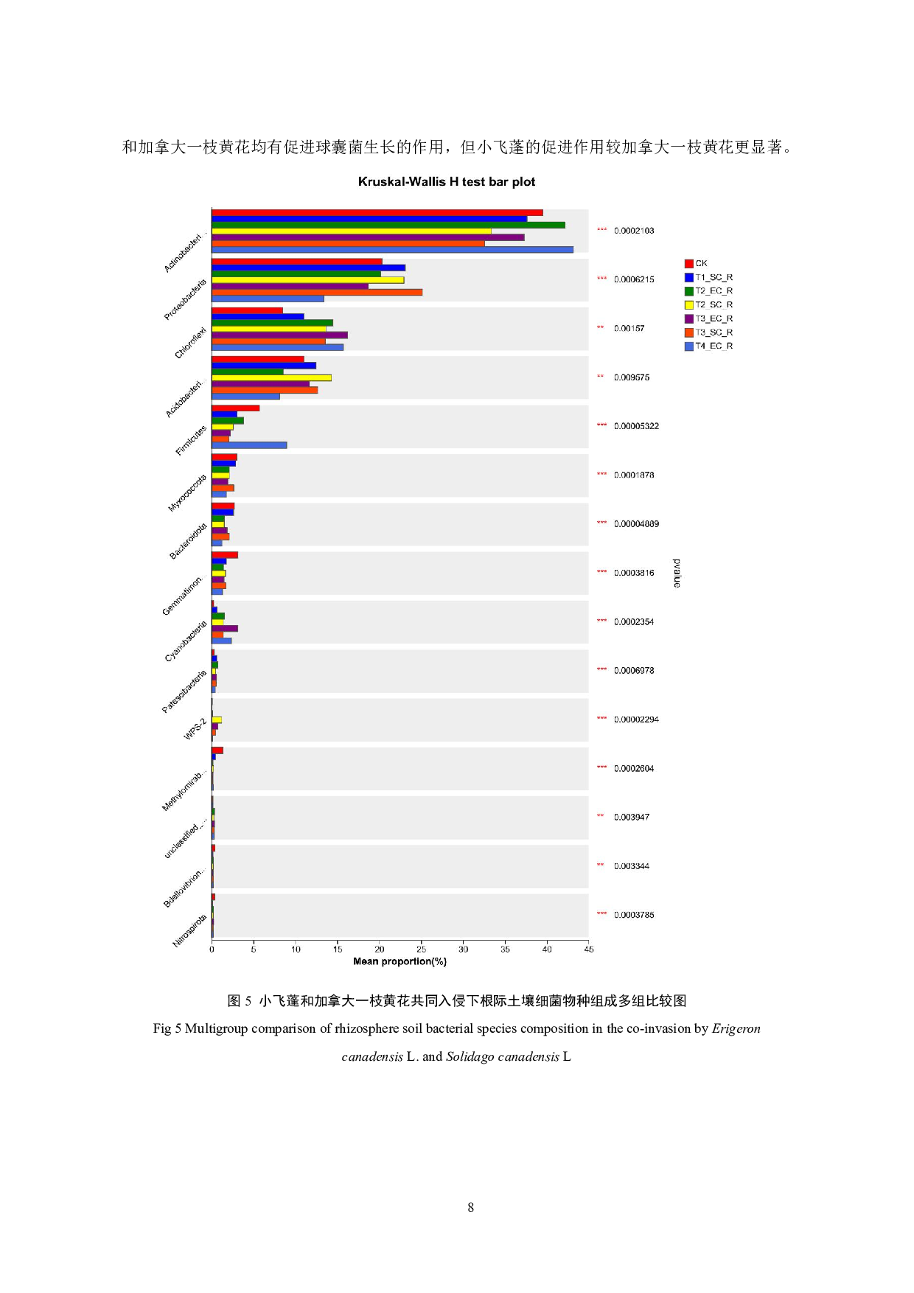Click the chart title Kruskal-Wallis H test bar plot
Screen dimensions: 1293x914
(x=447, y=182)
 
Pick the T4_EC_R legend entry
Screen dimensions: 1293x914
(x=708, y=346)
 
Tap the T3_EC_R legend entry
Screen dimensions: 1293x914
(x=708, y=318)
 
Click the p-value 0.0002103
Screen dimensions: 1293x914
(x=634, y=231)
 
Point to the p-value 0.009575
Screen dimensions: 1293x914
(x=632, y=377)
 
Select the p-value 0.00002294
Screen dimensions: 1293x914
(x=636, y=719)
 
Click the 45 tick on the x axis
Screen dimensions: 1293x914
(x=588, y=949)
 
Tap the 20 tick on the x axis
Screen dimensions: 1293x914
(x=379, y=949)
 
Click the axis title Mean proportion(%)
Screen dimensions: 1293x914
(x=400, y=961)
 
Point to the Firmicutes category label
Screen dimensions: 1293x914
(x=191, y=441)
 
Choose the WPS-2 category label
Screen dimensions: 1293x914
(x=195, y=729)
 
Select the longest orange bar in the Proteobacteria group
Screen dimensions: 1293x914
(x=317, y=292)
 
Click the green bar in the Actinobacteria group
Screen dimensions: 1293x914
(x=388, y=225)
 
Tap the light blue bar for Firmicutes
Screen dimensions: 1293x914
(x=249, y=445)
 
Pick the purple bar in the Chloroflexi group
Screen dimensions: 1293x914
(x=279, y=335)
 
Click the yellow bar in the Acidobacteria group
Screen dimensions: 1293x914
(x=271, y=377)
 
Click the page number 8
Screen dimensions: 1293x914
(x=470, y=1207)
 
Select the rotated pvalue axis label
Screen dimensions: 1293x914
(x=677, y=573)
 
